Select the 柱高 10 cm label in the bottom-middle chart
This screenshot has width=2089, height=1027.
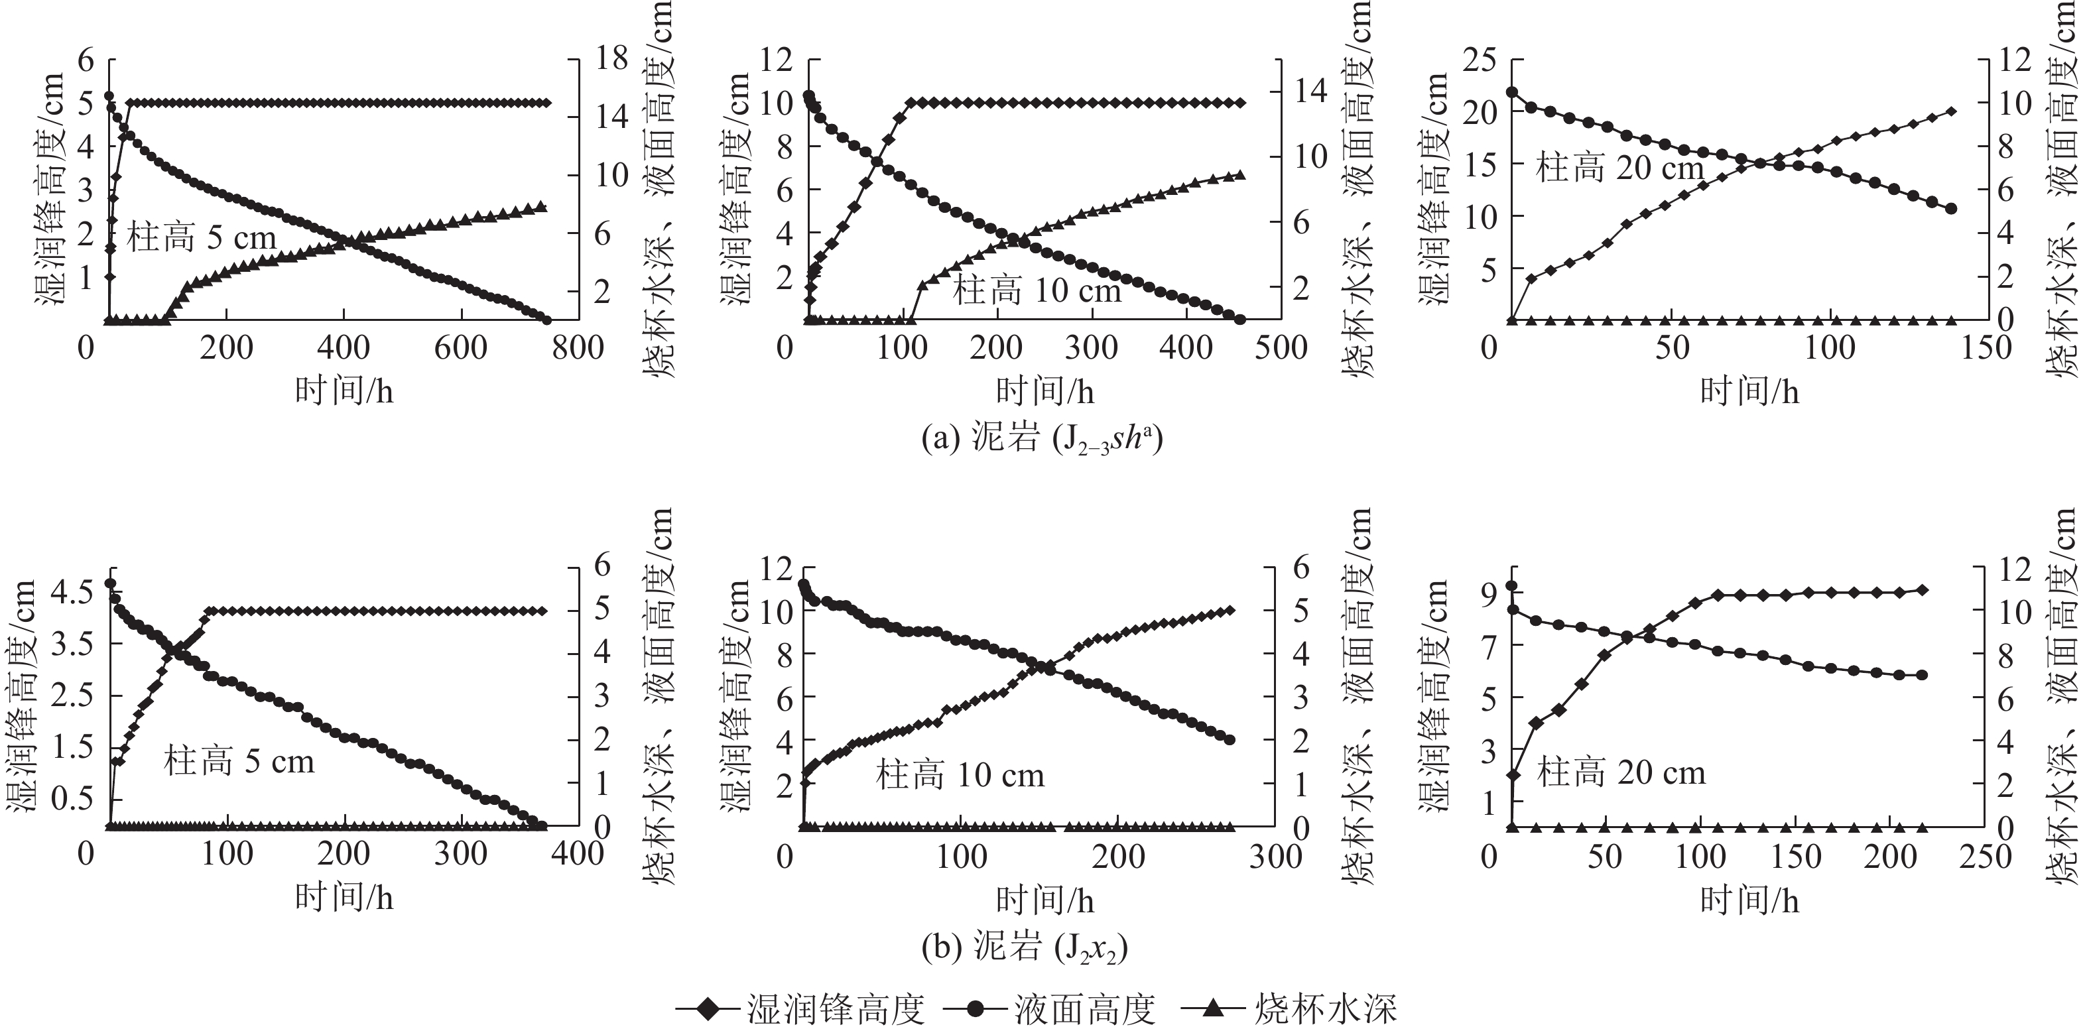click(960, 776)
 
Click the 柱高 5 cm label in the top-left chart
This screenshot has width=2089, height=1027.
click(202, 238)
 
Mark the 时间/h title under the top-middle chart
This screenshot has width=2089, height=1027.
click(1045, 392)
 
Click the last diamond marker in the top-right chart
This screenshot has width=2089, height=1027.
click(1951, 111)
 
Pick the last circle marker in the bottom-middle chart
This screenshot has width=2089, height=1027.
click(1230, 740)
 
